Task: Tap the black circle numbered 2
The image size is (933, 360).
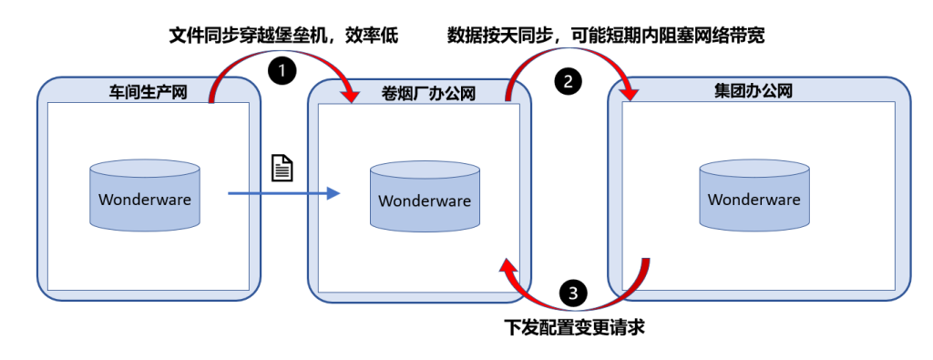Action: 568,80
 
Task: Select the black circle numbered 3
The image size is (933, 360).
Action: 572,293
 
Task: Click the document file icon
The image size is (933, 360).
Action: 282,168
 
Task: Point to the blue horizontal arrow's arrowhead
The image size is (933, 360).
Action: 333,193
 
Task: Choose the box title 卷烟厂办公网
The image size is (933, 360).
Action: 427,92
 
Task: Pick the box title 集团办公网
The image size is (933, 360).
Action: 754,91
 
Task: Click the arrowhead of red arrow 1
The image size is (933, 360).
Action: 350,93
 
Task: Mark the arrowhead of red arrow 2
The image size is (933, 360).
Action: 629,92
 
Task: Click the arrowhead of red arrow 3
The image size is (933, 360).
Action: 507,265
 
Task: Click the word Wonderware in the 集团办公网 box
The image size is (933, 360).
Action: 754,200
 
